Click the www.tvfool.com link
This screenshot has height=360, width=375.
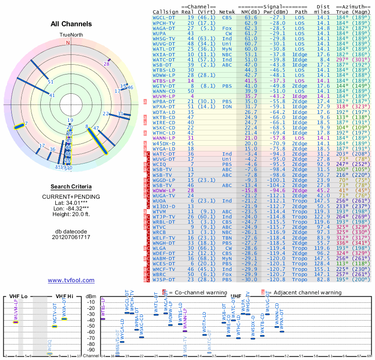71,280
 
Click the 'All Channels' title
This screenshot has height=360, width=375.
71,24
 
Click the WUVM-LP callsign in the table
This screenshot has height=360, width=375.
164,96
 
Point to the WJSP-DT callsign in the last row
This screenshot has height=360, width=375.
164,279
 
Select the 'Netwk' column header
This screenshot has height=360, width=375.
227,11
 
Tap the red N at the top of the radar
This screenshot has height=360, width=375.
68,43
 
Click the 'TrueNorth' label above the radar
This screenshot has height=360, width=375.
71,35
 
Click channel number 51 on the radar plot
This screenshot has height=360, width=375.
51,82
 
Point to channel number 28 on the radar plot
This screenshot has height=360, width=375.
106,64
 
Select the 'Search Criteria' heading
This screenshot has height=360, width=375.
71,187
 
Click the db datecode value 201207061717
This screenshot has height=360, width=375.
71,237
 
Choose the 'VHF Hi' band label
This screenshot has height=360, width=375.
64,296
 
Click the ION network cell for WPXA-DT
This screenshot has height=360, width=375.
227,106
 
